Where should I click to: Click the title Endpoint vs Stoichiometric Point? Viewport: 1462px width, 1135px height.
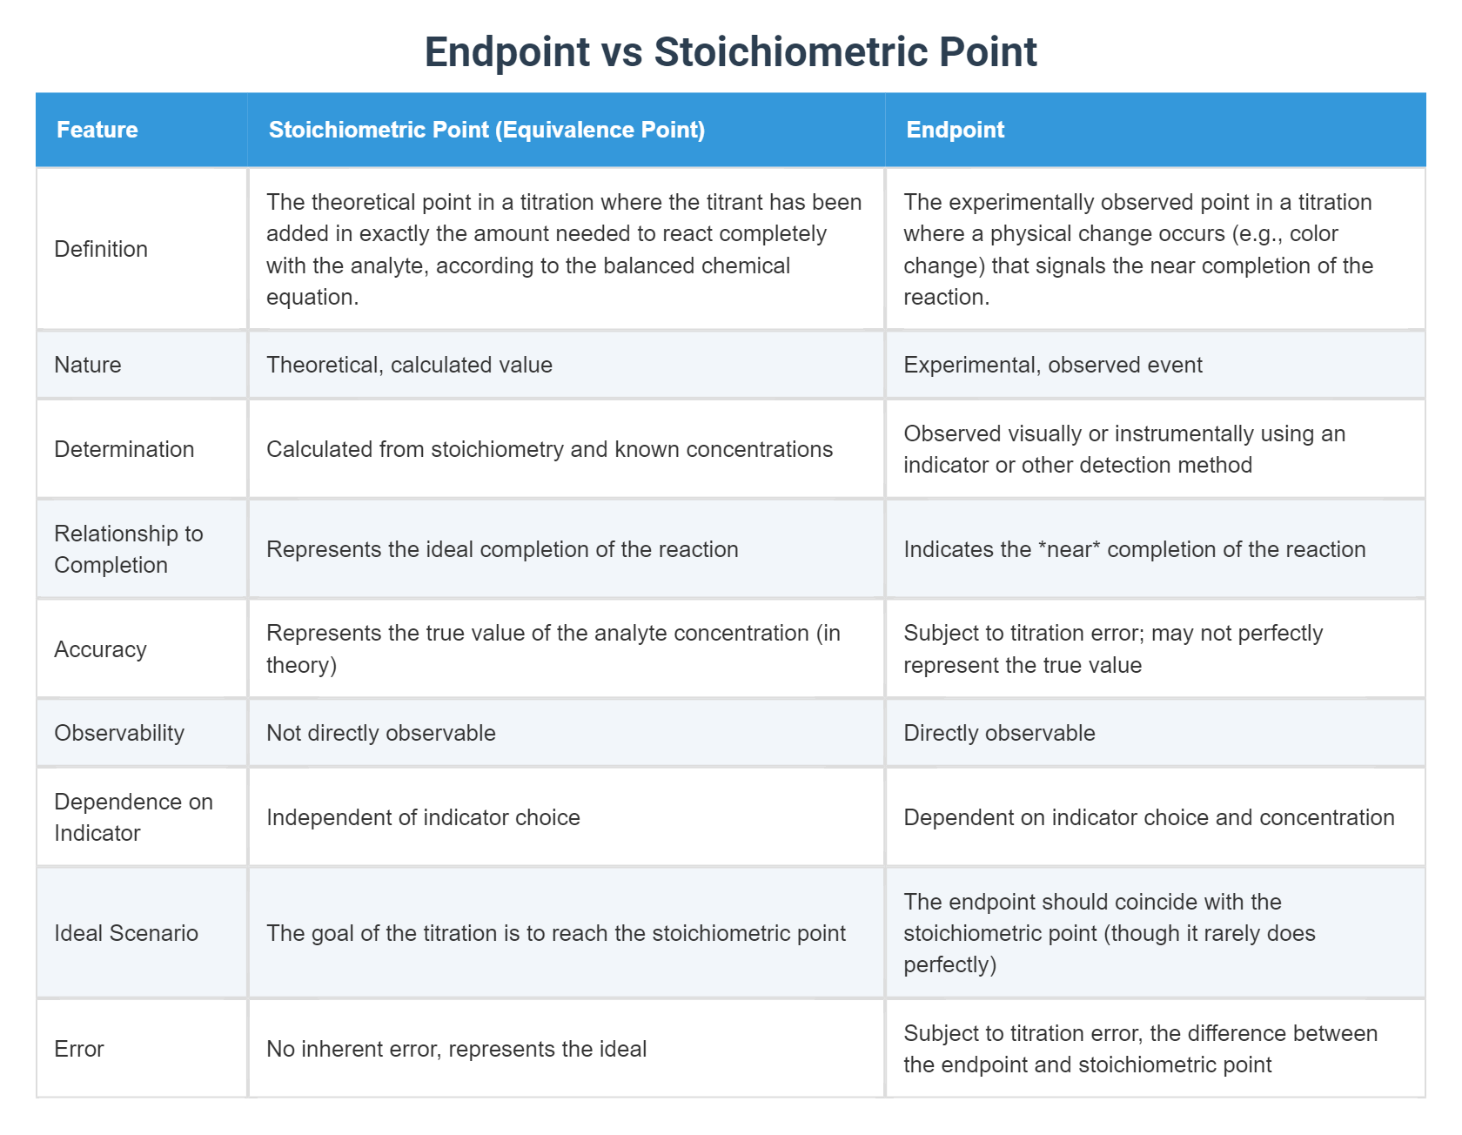(730, 52)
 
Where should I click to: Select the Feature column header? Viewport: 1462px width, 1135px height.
(97, 130)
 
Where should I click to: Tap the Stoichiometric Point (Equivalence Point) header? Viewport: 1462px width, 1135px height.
(486, 130)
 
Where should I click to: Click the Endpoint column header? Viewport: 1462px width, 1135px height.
(955, 130)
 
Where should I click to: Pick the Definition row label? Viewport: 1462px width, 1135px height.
(101, 249)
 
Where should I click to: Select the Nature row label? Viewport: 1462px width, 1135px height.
(88, 365)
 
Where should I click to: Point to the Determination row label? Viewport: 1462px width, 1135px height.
(124, 449)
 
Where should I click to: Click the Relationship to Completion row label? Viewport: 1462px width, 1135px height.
(128, 549)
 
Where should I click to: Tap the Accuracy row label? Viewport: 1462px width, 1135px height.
(100, 649)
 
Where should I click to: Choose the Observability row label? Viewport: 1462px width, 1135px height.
(119, 733)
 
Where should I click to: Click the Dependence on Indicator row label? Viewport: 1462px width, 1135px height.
(133, 817)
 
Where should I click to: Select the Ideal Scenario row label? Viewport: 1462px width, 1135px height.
(126, 933)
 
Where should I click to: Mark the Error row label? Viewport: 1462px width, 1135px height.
(79, 1049)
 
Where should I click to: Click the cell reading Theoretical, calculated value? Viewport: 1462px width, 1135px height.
(409, 365)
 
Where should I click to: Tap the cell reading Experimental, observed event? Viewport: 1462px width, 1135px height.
(1053, 365)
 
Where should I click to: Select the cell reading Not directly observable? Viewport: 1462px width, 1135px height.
(381, 733)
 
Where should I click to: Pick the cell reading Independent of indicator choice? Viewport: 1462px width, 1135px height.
(423, 817)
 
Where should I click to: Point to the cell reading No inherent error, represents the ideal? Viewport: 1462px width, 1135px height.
(456, 1049)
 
